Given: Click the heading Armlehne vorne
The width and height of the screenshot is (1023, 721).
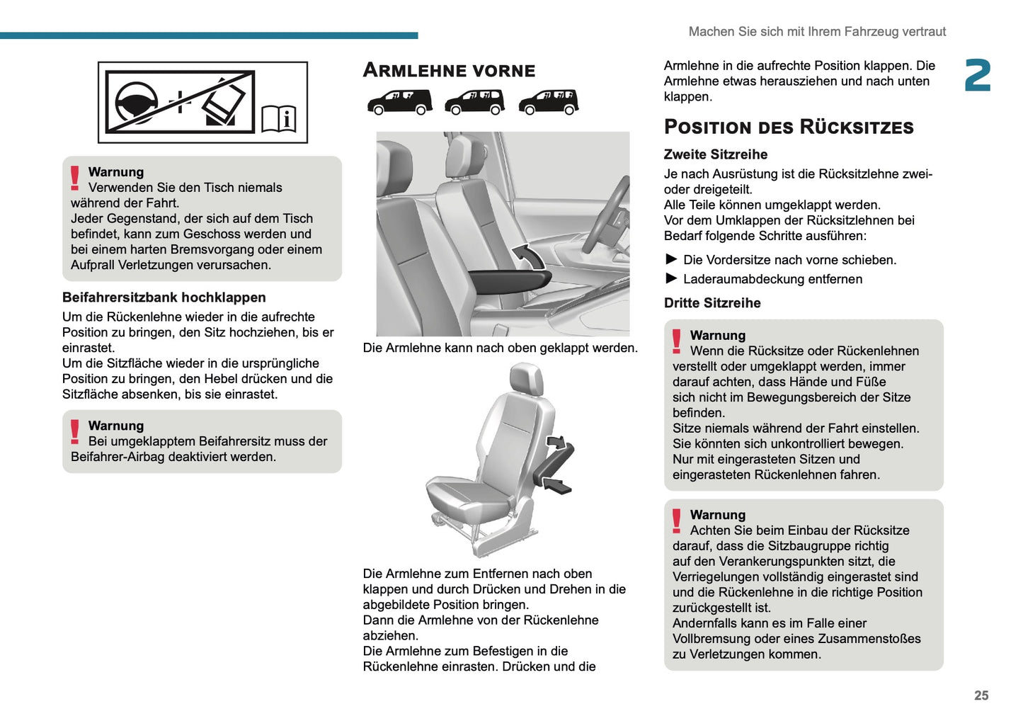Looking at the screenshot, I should click(x=449, y=70).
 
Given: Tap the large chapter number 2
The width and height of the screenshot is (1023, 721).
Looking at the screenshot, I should click(x=978, y=76).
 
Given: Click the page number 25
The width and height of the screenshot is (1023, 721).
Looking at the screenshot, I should click(x=981, y=696).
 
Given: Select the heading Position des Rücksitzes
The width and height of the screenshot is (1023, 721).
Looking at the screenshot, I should click(x=788, y=127).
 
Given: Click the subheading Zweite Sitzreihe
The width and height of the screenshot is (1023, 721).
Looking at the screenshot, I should click(x=715, y=154).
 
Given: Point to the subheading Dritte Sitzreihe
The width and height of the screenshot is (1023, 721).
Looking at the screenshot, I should click(x=711, y=303).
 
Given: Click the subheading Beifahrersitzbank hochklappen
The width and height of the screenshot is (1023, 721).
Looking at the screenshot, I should click(x=164, y=297).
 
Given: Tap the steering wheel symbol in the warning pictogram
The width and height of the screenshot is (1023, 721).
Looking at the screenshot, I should click(x=136, y=102).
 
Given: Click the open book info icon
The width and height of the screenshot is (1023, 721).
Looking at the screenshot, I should click(x=279, y=118).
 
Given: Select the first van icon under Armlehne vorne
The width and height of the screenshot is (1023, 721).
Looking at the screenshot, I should click(x=399, y=102).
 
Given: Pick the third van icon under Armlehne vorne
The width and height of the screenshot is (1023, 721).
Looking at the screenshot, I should click(x=548, y=102).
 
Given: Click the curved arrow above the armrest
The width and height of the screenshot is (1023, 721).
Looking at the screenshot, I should click(x=527, y=256).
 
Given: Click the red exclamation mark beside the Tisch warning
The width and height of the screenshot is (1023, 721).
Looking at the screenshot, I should click(x=75, y=178).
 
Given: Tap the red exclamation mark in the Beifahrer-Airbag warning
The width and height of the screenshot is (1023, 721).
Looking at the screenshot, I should click(x=75, y=432).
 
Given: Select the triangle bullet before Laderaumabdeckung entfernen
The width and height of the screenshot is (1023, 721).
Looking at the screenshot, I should click(x=671, y=278).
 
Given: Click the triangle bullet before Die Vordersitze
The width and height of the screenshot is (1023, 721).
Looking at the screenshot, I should click(x=671, y=259).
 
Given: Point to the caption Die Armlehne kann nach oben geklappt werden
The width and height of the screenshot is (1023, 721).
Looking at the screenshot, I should click(x=500, y=348).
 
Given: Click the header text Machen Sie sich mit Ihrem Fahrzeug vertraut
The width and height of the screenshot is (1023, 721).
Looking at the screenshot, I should click(x=816, y=32).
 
